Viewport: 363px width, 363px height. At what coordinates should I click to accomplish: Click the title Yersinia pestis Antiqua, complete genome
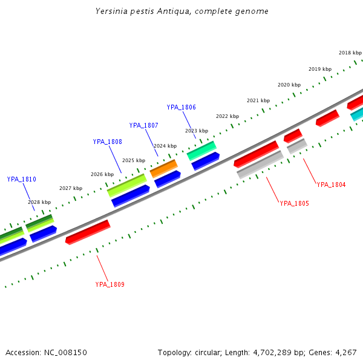181,11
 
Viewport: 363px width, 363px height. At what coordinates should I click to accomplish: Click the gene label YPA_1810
22,180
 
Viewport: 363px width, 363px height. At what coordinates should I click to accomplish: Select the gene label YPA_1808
108,142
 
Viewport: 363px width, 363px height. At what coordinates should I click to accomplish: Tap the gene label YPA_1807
144,126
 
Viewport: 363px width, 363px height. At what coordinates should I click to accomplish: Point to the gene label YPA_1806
181,108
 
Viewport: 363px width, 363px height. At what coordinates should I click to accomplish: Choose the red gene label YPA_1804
331,185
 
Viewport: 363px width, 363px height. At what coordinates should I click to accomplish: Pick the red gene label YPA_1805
294,204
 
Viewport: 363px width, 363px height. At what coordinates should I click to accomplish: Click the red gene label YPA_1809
110,284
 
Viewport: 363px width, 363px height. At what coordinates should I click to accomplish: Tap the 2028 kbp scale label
39,202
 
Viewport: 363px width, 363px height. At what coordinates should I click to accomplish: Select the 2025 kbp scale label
134,161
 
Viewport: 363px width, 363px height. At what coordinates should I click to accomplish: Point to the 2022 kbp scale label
227,116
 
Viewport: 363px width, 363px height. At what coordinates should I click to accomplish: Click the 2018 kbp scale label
350,53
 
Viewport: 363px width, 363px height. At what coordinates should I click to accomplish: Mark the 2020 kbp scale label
289,85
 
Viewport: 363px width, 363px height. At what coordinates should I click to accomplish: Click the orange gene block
163,169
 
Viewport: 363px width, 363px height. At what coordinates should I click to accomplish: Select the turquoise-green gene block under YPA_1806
201,150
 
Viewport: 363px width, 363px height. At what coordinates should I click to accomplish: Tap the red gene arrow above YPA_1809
88,232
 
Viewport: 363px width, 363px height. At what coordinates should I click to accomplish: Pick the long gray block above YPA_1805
260,165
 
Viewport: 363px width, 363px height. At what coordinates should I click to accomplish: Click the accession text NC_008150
46,352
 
